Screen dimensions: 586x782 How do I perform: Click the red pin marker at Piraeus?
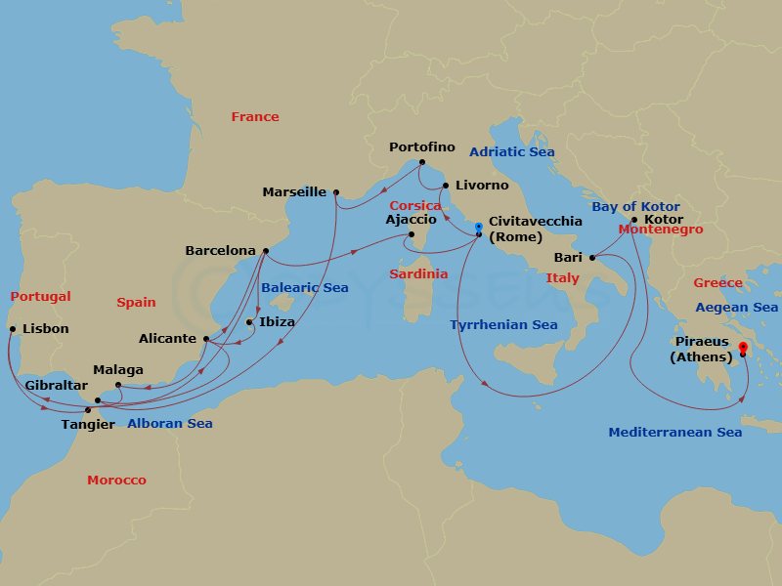pos(743,347)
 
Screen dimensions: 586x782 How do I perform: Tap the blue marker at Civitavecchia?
pos(478,228)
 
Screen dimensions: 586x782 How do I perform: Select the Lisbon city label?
pos(45,329)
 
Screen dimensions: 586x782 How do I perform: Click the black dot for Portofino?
pos(421,162)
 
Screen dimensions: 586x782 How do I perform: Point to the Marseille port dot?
pos(335,192)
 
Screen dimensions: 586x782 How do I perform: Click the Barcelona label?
pos(220,251)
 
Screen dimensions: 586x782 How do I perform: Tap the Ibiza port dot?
pos(249,322)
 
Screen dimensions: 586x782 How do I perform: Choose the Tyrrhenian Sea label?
pos(503,325)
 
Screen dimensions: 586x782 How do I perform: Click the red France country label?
pos(255,117)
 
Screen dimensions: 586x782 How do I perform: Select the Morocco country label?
pos(116,481)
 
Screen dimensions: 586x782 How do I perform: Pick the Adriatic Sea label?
pos(511,152)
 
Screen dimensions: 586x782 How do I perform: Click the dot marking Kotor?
pos(633,220)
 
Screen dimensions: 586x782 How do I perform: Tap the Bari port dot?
pos(592,258)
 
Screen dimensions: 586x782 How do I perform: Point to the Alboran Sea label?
pos(169,424)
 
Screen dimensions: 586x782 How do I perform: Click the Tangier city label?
pos(87,425)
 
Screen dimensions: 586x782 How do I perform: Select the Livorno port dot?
pos(446,186)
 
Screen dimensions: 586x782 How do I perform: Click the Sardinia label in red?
pos(418,274)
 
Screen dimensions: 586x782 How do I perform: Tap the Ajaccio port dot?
pos(412,234)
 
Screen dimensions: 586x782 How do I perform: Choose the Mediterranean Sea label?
pos(674,433)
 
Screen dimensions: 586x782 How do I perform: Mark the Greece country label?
pos(717,283)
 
